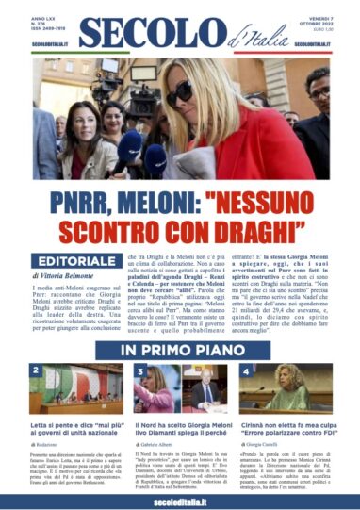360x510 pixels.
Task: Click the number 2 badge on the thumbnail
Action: pyautogui.click(x=37, y=371)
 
